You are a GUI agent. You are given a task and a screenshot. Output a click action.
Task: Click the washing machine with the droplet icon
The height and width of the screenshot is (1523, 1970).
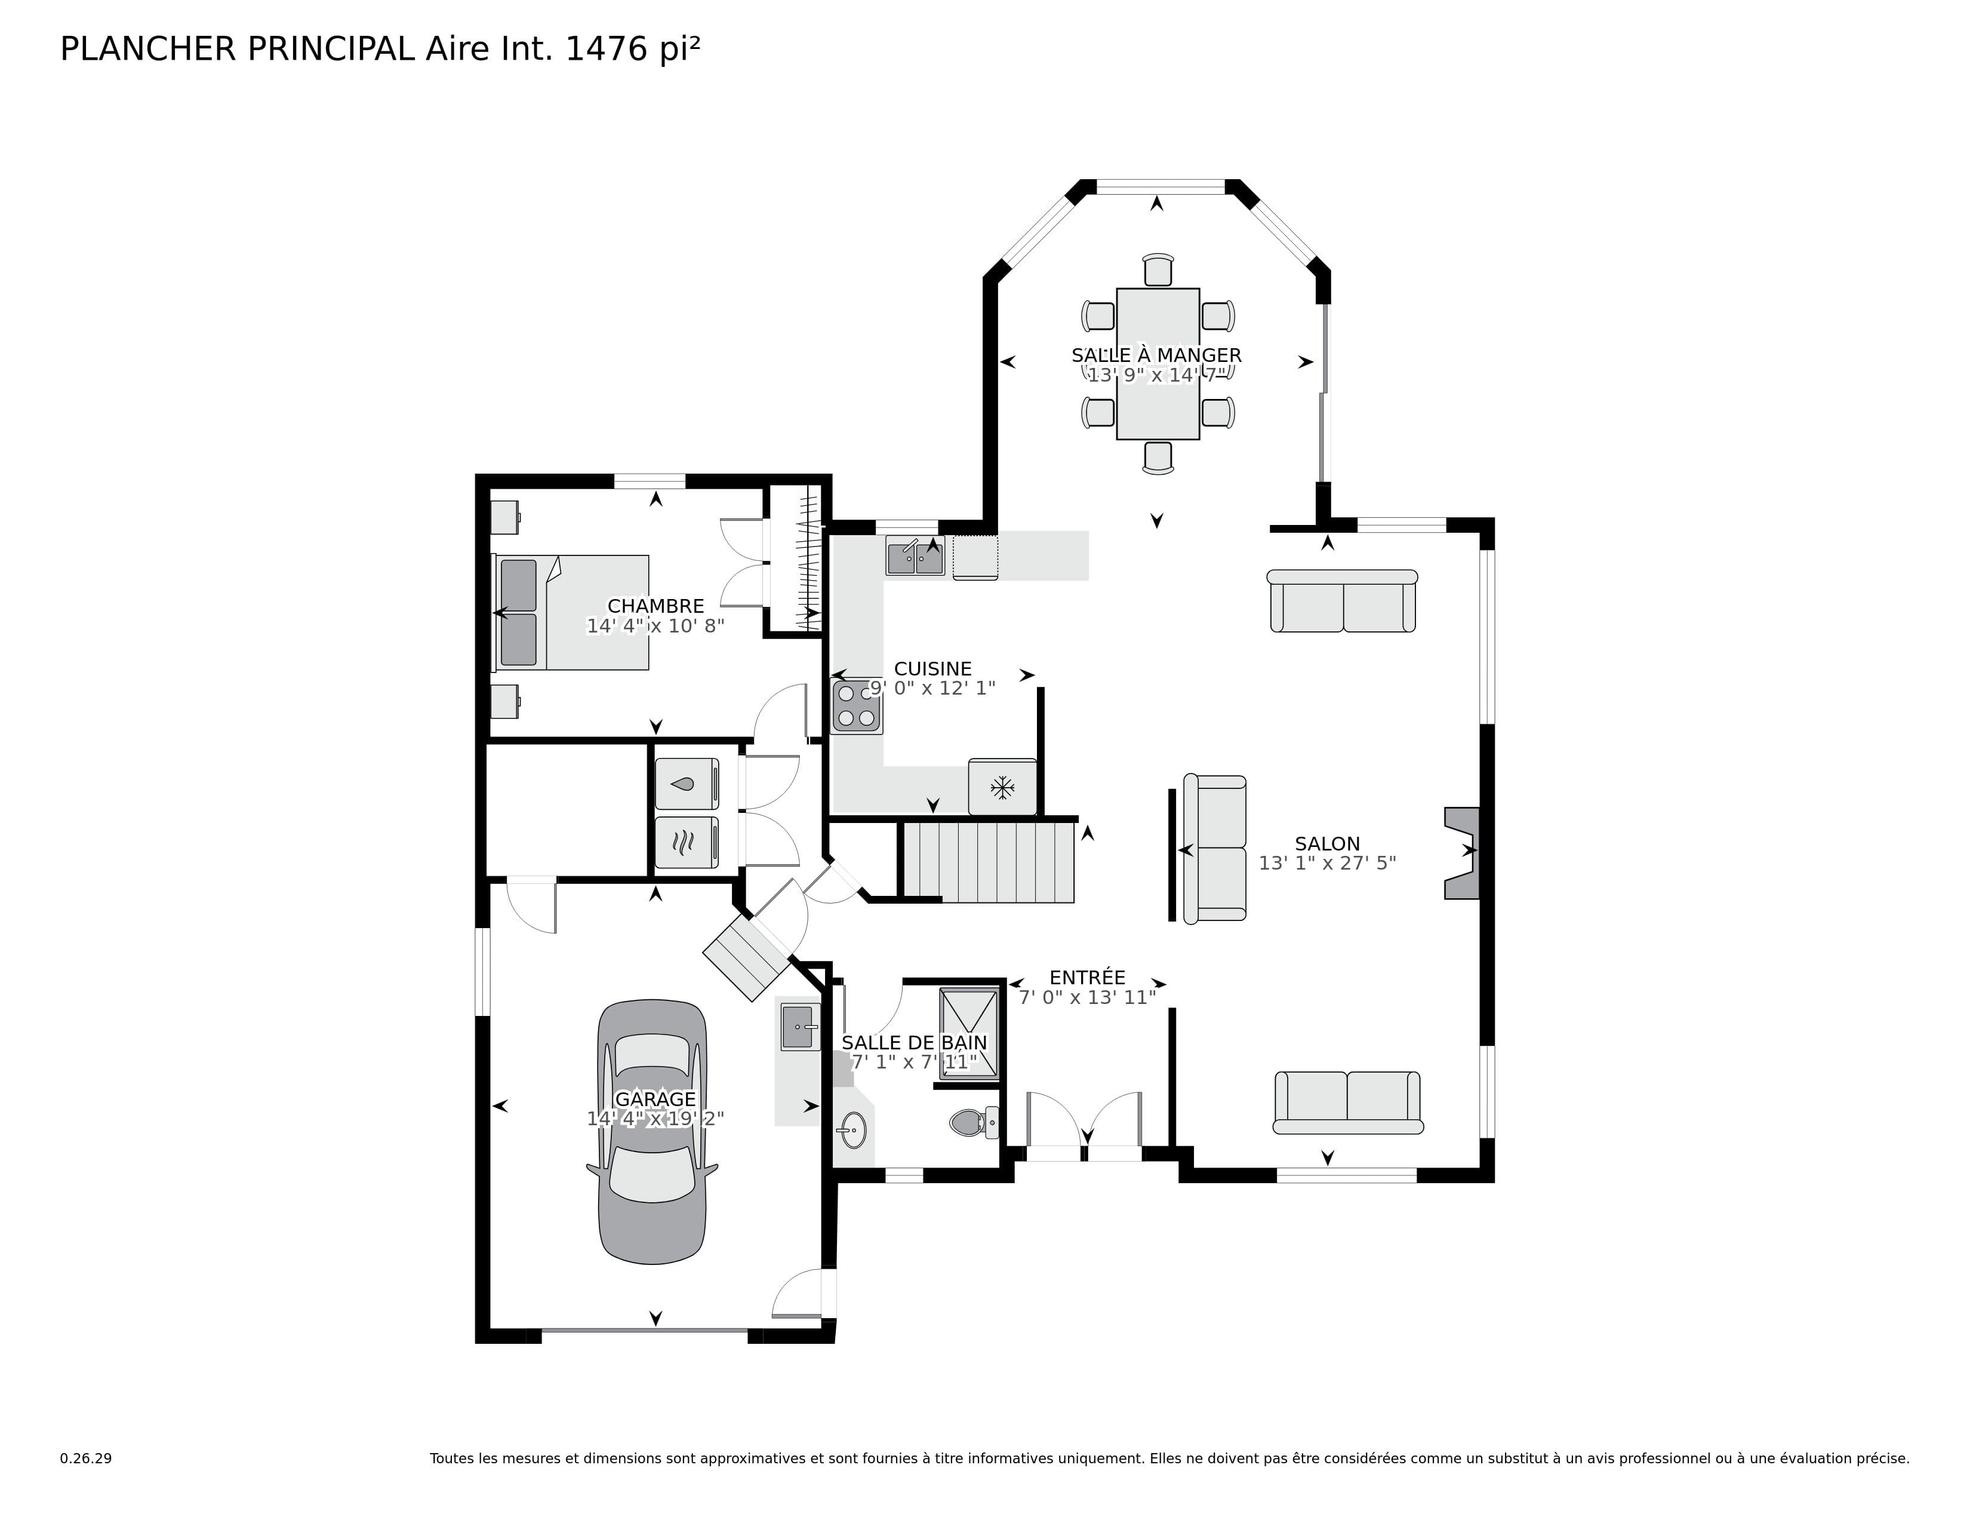pos(685,783)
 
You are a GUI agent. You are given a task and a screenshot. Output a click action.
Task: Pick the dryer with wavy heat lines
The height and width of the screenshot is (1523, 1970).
pos(685,842)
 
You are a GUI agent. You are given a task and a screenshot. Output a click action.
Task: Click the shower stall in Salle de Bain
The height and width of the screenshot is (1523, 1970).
pos(969,1034)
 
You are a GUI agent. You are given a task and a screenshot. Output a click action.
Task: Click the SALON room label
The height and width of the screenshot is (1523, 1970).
pos(1327,843)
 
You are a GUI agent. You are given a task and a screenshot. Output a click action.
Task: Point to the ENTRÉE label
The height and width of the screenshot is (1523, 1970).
pos(1087,977)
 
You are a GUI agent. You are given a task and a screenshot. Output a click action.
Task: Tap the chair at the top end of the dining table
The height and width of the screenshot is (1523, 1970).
pos(1158,271)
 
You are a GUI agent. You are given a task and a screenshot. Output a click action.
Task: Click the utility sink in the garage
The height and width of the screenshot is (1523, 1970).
pos(799,1027)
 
